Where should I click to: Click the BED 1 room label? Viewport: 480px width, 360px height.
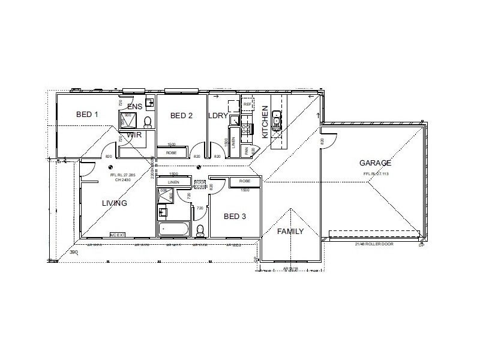(x=87, y=114)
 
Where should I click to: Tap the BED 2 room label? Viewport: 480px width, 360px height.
(x=181, y=116)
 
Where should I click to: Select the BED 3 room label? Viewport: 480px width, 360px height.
(x=235, y=216)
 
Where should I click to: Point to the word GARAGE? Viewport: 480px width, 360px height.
(x=375, y=163)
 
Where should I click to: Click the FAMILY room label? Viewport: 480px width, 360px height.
(x=290, y=232)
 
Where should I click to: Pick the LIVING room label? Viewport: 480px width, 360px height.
(x=114, y=203)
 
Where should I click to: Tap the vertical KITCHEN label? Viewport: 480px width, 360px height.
(x=265, y=120)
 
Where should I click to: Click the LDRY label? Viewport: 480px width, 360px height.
(x=217, y=116)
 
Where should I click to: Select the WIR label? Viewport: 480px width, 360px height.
(x=134, y=136)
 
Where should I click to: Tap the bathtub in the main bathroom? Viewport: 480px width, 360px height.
(x=174, y=229)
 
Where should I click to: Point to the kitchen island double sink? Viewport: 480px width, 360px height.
(x=276, y=120)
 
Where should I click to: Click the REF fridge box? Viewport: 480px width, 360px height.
(x=247, y=104)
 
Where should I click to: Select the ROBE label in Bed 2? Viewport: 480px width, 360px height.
(x=171, y=153)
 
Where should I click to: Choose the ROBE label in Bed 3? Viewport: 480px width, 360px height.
(x=244, y=181)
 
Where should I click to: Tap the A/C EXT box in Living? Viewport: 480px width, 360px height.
(x=116, y=234)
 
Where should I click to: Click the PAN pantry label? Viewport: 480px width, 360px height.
(x=245, y=151)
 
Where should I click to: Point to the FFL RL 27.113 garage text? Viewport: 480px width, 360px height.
(x=376, y=174)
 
